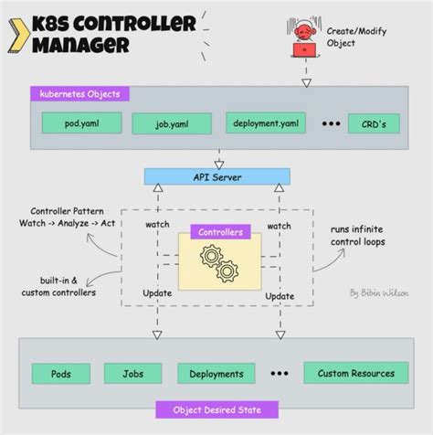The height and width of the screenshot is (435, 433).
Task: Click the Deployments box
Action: click(216, 373)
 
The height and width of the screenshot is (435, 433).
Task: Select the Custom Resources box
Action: click(355, 373)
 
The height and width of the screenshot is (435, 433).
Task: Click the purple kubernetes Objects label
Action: click(79, 93)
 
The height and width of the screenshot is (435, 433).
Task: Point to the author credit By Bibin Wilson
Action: click(378, 292)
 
